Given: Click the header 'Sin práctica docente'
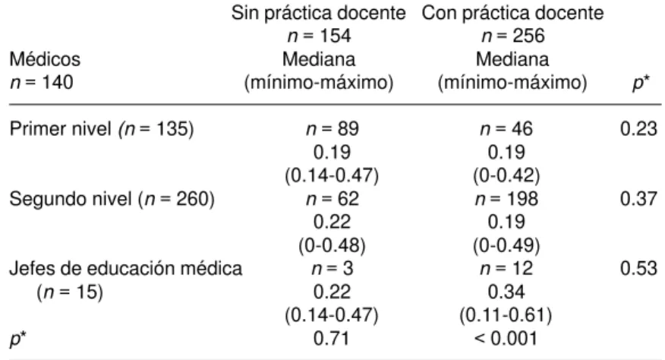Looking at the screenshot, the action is [x=319, y=14].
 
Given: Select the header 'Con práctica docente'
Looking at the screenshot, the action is [x=512, y=14].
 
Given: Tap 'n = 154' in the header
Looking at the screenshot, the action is [x=319, y=36].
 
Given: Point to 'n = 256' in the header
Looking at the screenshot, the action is [x=512, y=36].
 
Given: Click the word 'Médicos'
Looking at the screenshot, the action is [x=45, y=59].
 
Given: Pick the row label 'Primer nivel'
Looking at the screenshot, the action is [x=60, y=128].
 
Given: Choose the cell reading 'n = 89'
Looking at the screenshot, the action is [x=332, y=128].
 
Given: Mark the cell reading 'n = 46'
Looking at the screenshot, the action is [x=506, y=128].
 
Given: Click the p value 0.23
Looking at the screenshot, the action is [x=638, y=128].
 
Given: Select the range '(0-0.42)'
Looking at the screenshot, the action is [x=506, y=175].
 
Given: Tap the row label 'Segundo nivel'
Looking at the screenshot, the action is [x=71, y=199].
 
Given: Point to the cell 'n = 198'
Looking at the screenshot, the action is [x=506, y=199].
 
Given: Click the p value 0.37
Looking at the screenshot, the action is [x=638, y=199].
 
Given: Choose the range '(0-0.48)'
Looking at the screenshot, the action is [x=332, y=245].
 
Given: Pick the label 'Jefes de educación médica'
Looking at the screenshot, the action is [x=125, y=268].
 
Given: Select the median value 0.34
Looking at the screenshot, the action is [x=506, y=292].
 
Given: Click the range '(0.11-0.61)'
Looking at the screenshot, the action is [x=506, y=315].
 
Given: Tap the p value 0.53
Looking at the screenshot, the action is [x=638, y=268].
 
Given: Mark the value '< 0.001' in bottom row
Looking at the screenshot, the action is [x=506, y=339].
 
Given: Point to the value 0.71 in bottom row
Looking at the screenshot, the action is [x=332, y=339].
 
